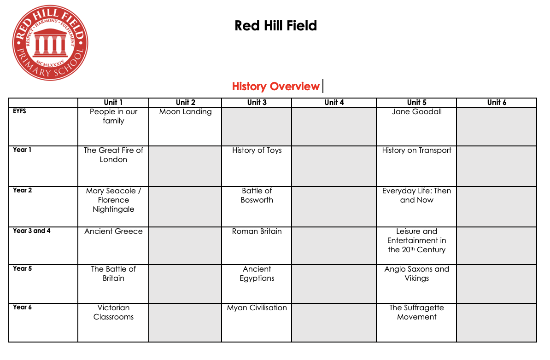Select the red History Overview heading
pyautogui.click(x=275, y=87)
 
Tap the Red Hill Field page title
pyautogui.click(x=275, y=25)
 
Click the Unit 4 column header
pyautogui.click(x=334, y=103)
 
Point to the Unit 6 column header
pyautogui.click(x=497, y=103)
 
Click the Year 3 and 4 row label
pyautogui.click(x=32, y=231)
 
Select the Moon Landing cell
pyautogui.click(x=185, y=112)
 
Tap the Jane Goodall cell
pyautogui.click(x=416, y=112)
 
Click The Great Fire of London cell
pyautogui.click(x=113, y=155)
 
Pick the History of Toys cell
pyautogui.click(x=257, y=151)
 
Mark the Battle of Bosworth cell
pyautogui.click(x=257, y=196)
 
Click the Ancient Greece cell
pyautogui.click(x=113, y=232)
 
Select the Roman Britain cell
pyautogui.click(x=257, y=232)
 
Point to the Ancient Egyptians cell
pyautogui.click(x=257, y=274)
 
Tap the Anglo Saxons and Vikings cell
pyautogui.click(x=416, y=274)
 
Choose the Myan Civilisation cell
pyautogui.click(x=257, y=308)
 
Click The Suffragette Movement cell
pyautogui.click(x=416, y=313)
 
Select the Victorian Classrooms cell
pyautogui.click(x=113, y=313)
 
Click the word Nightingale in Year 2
pyautogui.click(x=113, y=209)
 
